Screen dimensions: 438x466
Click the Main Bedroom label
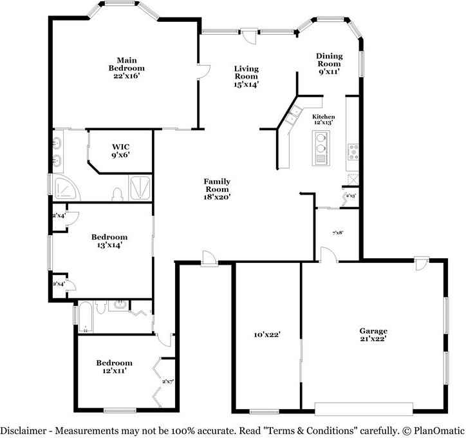click(x=126, y=68)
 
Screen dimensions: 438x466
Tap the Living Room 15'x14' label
click(x=246, y=76)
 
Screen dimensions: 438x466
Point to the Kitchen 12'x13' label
click(x=324, y=119)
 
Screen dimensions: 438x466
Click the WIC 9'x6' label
click(x=120, y=150)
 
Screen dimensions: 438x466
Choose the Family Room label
click(x=218, y=189)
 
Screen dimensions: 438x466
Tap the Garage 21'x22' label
click(x=373, y=334)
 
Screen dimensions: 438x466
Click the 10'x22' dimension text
click(x=266, y=334)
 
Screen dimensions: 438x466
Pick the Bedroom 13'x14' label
click(x=109, y=240)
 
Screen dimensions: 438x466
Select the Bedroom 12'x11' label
click(x=114, y=367)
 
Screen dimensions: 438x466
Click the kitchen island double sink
click(x=321, y=148)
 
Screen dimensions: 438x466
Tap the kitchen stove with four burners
click(x=353, y=151)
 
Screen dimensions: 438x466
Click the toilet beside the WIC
click(x=118, y=193)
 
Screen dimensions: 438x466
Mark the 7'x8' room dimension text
click(x=337, y=233)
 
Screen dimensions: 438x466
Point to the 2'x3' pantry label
click(x=351, y=195)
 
